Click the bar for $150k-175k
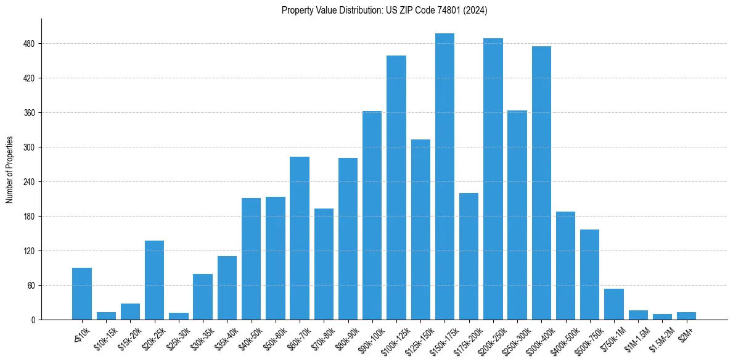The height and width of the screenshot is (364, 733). (444, 176)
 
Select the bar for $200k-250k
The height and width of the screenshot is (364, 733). (493, 179)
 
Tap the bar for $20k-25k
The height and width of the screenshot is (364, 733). (154, 280)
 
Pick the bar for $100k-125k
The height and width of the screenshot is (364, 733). (396, 188)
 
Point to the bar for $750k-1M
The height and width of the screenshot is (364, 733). (614, 304)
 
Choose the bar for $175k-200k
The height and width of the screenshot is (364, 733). (469, 257)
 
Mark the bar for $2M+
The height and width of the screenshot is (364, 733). (686, 316)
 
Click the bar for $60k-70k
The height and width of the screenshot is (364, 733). (300, 238)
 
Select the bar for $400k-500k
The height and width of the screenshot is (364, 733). (565, 266)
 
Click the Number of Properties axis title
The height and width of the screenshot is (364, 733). (9, 170)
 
